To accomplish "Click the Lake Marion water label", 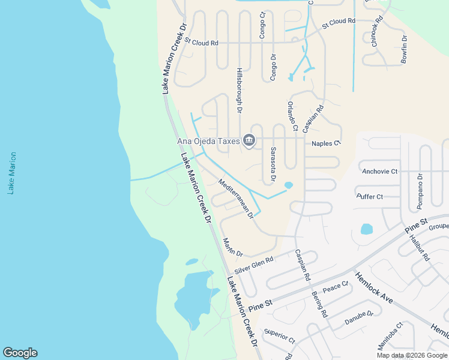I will (12, 173).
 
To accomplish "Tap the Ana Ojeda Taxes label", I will (208, 142).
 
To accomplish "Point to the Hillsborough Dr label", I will (239, 91).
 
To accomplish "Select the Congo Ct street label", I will (262, 25).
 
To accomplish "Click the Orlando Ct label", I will (292, 115).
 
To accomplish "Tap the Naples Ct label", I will (326, 143).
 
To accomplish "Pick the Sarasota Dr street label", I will (273, 164).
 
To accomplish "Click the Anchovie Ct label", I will (380, 172).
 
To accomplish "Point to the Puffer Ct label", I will (370, 197).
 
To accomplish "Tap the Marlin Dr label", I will (232, 248).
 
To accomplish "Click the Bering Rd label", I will (319, 304).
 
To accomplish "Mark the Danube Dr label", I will (359, 318).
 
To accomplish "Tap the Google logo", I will (20, 353).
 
